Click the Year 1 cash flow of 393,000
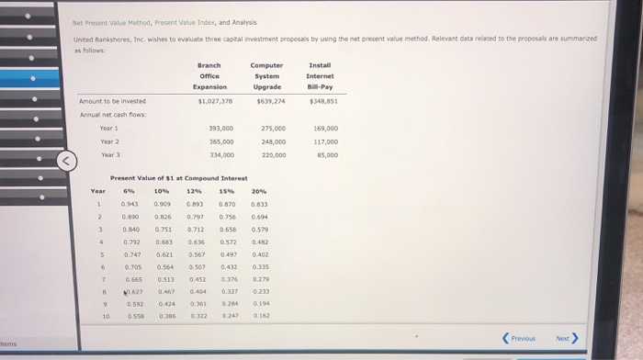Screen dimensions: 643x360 pyautogui.click(x=221, y=129)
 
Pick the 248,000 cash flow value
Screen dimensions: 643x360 pyautogui.click(x=274, y=141)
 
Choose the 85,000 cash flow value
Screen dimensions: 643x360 pyautogui.click(x=326, y=155)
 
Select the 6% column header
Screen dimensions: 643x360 pyautogui.click(x=129, y=191)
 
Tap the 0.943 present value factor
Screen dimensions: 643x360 pyautogui.click(x=130, y=204)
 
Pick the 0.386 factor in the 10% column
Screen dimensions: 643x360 pyautogui.click(x=166, y=315)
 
